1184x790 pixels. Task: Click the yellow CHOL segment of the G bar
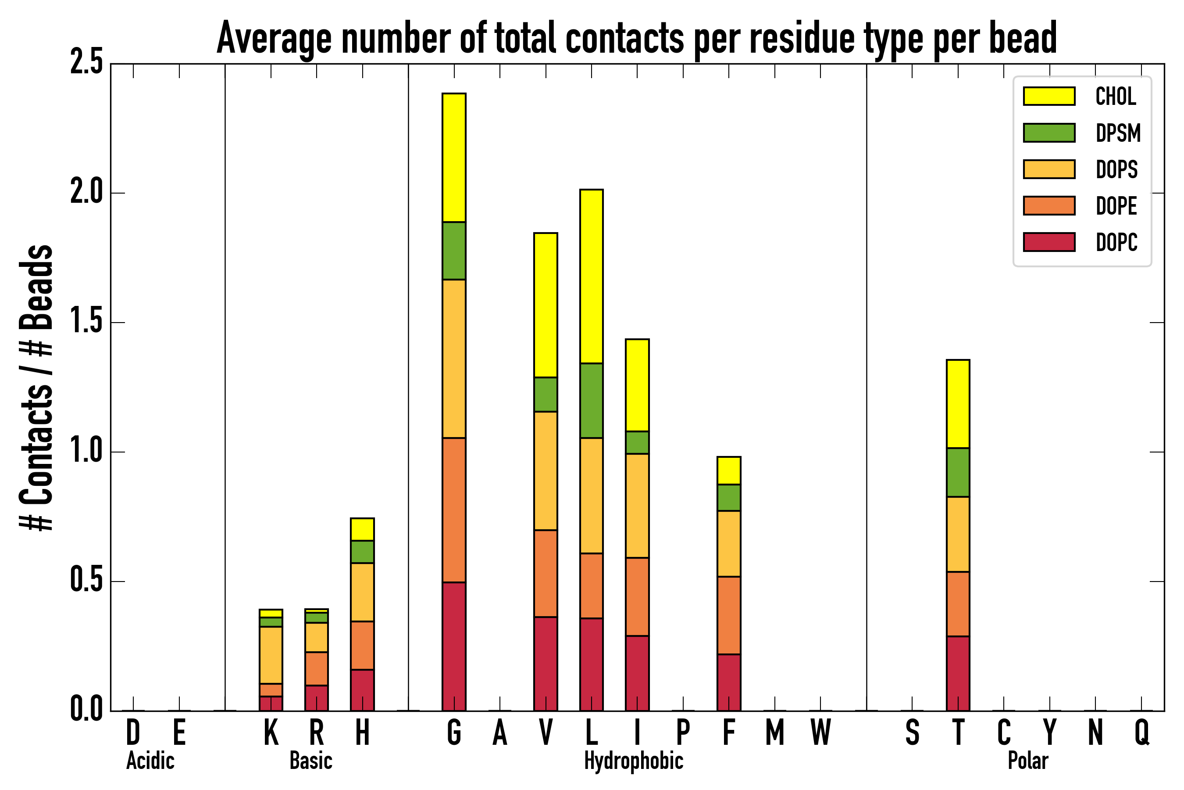pyautogui.click(x=453, y=157)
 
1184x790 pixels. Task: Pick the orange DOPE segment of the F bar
pyautogui.click(x=728, y=615)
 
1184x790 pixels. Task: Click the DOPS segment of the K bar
pyautogui.click(x=271, y=655)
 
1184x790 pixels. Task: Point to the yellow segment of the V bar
pyautogui.click(x=545, y=305)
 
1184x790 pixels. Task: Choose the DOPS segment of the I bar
pyautogui.click(x=637, y=505)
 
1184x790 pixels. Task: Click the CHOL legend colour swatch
pyautogui.click(x=1049, y=96)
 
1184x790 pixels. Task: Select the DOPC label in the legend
pyautogui.click(x=1116, y=242)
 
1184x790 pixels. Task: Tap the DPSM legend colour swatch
pyautogui.click(x=1049, y=133)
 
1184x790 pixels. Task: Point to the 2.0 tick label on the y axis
pyautogui.click(x=86, y=193)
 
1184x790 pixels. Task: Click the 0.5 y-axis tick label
pyautogui.click(x=86, y=581)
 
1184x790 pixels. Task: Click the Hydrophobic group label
pyautogui.click(x=633, y=761)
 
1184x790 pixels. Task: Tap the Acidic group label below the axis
pyautogui.click(x=150, y=761)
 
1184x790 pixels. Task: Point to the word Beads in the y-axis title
pyautogui.click(x=36, y=287)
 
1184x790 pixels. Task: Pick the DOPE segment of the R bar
pyautogui.click(x=316, y=668)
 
